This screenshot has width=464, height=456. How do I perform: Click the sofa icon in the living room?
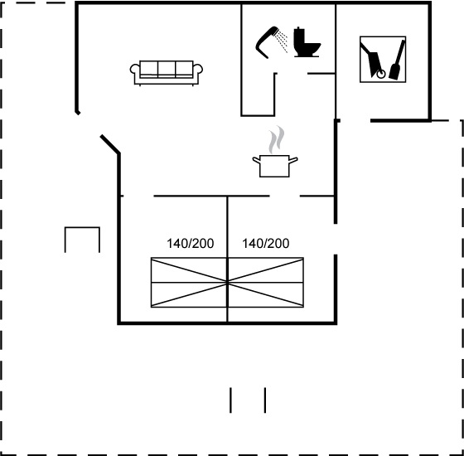coord(167,73)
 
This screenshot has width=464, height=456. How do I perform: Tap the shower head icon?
coord(266,41)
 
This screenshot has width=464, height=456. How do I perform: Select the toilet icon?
coord(307,41)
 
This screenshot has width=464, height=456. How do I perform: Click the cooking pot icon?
coord(275,166)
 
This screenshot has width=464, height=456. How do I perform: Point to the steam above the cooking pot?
coord(277,139)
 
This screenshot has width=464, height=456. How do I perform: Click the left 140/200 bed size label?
coord(191,244)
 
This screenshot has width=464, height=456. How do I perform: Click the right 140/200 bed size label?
coord(266,244)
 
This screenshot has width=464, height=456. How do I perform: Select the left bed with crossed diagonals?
coord(189,283)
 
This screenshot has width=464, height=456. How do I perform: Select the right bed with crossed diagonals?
coord(266,283)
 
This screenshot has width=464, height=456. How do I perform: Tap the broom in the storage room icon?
coord(398,61)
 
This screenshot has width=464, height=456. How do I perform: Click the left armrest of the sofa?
coord(134,70)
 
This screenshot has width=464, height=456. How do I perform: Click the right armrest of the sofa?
coord(198,70)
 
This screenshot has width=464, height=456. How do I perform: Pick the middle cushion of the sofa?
coord(167,69)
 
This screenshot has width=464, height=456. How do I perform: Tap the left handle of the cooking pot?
coord(256,160)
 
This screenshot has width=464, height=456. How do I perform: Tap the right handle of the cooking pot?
coord(293,160)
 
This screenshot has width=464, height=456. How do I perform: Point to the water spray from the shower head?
coord(282,41)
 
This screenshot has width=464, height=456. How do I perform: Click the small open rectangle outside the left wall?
coord(82,228)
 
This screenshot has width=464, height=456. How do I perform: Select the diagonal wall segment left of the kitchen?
coord(110,144)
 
